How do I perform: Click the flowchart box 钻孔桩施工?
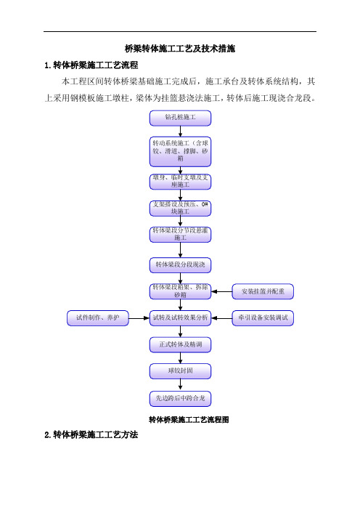[180, 118]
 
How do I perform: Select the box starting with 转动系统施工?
[180, 152]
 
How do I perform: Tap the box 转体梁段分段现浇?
[180, 265]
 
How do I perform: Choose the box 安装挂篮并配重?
[263, 292]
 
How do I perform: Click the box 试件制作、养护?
[98, 317]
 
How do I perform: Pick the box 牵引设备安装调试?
[263, 317]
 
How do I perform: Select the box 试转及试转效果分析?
[180, 317]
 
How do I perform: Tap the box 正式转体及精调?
[180, 345]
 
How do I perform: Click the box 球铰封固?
[180, 371]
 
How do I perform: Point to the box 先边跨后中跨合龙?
[180, 399]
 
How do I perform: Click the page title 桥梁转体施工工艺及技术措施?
[180, 49]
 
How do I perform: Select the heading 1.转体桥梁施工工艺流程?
[91, 65]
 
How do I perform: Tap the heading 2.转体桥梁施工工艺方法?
[91, 435]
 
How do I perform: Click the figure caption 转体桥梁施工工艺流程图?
[189, 420]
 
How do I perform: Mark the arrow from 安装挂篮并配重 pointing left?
[221, 292]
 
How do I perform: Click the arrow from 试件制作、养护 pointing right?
[139, 317]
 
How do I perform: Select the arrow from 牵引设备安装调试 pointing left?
[221, 317]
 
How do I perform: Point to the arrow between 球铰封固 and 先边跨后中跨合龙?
[180, 385]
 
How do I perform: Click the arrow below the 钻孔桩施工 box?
[180, 131]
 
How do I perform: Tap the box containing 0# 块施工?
[180, 209]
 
